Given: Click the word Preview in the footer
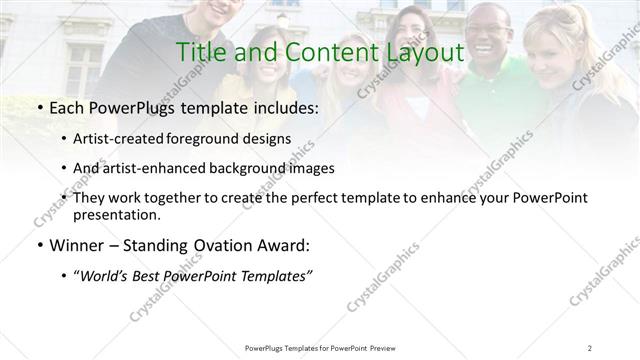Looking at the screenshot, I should [x=380, y=348].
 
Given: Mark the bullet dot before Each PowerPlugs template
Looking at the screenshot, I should [x=39, y=107].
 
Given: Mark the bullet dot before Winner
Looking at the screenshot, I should [x=39, y=245].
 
